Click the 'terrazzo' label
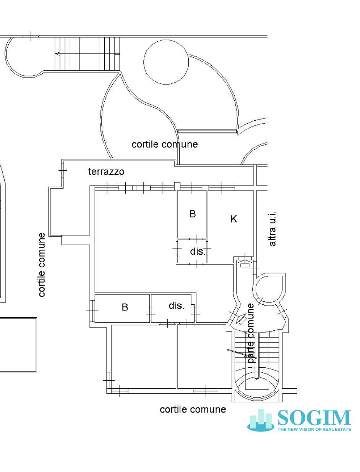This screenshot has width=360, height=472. tap(106, 171)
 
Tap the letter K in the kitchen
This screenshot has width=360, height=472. tap(234, 219)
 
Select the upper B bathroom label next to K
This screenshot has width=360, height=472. tap(193, 214)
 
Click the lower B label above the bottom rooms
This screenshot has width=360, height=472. tap(125, 307)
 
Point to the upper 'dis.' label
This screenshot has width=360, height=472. tap(197, 252)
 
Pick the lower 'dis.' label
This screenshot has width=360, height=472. tap(176, 306)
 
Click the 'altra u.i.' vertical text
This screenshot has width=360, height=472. tap(272, 229)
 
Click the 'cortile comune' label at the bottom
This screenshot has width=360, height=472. tap(193, 409)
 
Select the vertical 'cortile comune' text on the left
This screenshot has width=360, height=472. tap(42, 265)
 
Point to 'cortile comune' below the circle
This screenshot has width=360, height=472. tap(165, 144)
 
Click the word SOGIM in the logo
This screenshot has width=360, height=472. tap(314, 418)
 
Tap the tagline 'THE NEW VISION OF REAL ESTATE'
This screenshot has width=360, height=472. tap(314, 429)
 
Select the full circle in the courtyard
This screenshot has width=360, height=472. tap(166, 61)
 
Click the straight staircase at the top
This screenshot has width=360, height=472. tap(87, 54)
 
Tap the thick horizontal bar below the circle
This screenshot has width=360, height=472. tap(207, 131)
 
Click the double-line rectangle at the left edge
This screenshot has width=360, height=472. tap(18, 344)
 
